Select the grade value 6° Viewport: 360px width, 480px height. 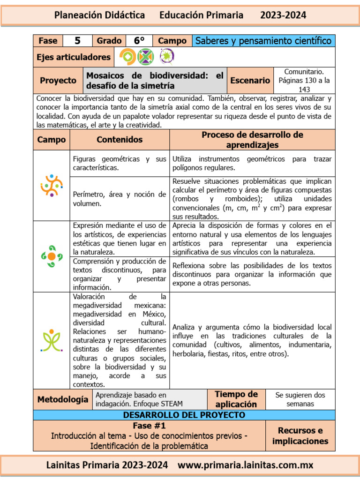tap(139, 41)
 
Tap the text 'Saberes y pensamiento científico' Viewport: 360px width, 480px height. tap(263, 41)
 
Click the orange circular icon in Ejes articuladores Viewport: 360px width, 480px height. tap(127, 57)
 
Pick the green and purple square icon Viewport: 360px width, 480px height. tap(145, 57)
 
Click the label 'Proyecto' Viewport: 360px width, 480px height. tap(58, 81)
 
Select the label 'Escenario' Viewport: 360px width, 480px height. tap(250, 81)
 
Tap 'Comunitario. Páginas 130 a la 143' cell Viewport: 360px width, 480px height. tap(307, 80)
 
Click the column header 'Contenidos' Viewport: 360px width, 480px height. tap(120, 140)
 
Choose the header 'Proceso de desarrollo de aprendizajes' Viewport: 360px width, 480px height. tap(252, 140)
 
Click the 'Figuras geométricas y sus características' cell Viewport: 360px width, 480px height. tap(120, 163)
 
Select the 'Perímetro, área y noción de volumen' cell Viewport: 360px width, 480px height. tap(120, 199)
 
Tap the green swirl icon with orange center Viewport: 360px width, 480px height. tap(52, 256)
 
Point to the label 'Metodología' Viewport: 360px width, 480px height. tap(62, 399)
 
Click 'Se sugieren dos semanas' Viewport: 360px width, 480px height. tap(300, 399)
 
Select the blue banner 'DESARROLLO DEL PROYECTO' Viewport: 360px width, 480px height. tap(184, 415)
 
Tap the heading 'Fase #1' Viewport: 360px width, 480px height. tap(149, 426)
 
